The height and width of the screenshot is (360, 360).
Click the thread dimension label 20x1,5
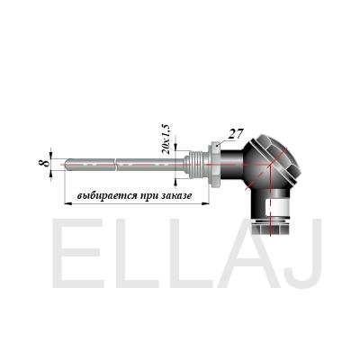[x=166, y=138]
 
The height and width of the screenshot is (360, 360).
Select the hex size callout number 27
[x=235, y=134]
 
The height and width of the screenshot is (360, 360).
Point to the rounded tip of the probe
[x=67, y=165]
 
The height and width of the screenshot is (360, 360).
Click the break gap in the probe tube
[x=115, y=165]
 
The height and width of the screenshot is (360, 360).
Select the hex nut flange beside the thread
[x=216, y=165]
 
